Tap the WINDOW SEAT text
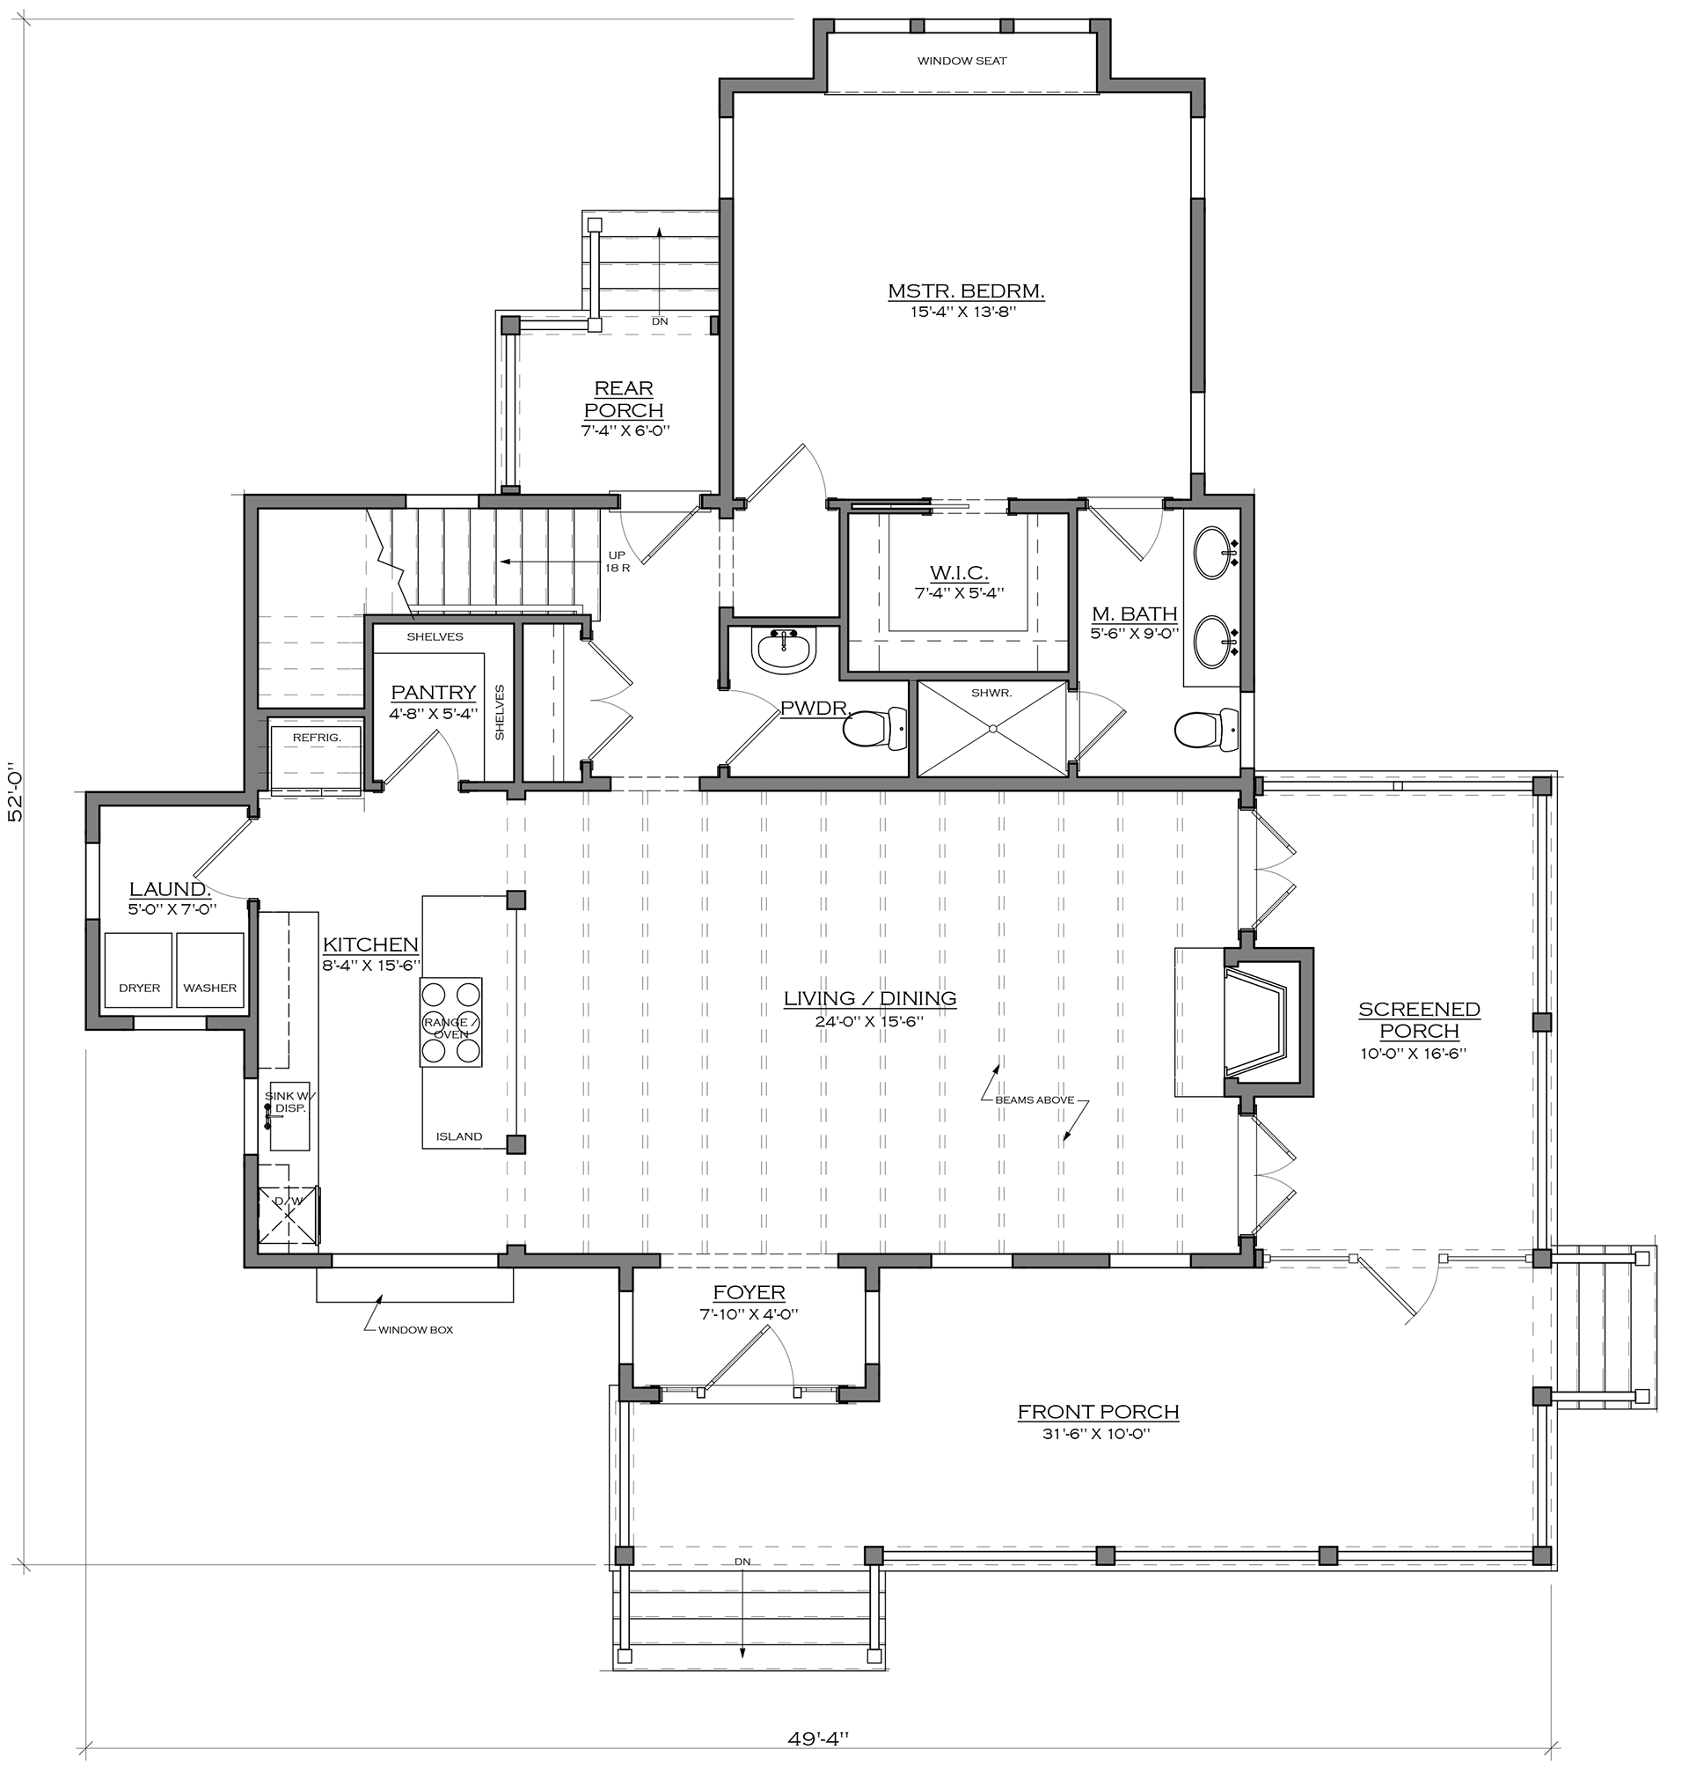coord(961,62)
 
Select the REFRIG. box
coord(316,754)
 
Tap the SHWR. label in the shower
coord(991,693)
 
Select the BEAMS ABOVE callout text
coord(1034,1099)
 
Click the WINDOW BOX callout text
coord(415,1329)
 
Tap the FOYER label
coord(749,1292)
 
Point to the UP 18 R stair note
coord(617,562)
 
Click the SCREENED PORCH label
coord(1419,1020)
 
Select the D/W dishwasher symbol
coord(290,1215)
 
